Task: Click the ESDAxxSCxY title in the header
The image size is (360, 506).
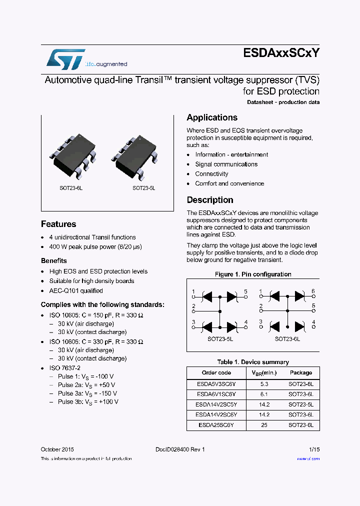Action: [x=281, y=54]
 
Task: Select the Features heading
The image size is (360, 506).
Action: [x=58, y=224]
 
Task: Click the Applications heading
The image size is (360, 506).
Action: [x=212, y=118]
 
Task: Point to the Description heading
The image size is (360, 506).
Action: [x=210, y=200]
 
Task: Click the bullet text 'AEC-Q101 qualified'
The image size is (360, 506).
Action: [x=76, y=291]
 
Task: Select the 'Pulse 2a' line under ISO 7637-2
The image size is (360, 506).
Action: [x=86, y=385]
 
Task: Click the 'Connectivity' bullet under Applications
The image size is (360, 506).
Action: [x=211, y=174]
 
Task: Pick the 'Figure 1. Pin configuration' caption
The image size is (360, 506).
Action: [x=253, y=274]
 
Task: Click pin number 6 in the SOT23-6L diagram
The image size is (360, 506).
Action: [x=313, y=291]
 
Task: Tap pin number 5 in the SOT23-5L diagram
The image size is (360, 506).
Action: [x=245, y=291]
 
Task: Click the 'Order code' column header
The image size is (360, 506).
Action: [x=216, y=373]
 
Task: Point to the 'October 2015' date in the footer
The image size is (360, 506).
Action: [x=57, y=449]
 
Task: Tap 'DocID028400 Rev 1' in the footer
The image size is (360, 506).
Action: [x=180, y=449]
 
